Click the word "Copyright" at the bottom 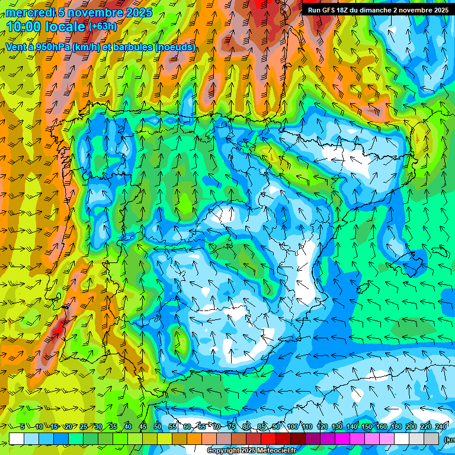point(223,451)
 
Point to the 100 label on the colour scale point(293,427)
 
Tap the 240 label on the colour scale point(441,427)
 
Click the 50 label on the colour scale point(157,427)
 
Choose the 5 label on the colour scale point(23,427)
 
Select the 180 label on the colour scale point(396,427)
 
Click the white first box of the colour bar point(16,438)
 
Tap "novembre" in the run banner point(418,10)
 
